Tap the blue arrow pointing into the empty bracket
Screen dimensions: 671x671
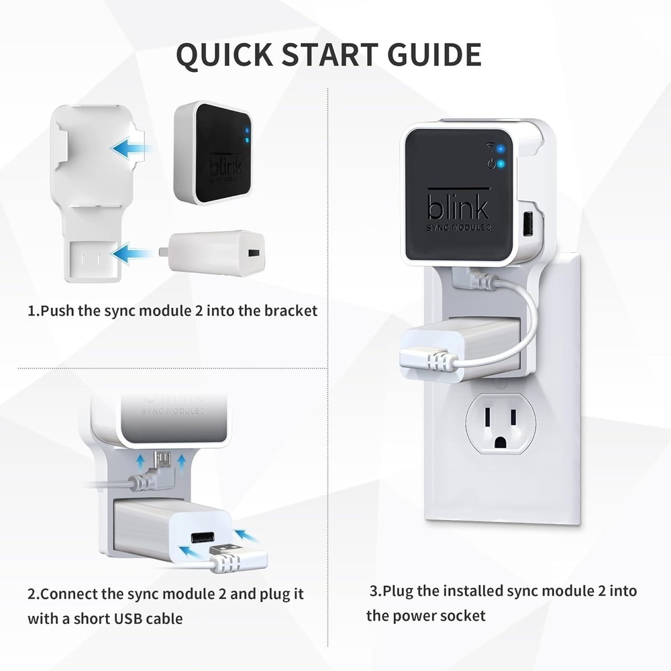[131, 148]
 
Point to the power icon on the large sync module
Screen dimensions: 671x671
[493, 163]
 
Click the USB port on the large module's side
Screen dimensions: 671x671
[527, 223]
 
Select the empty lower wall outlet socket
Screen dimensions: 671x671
[501, 423]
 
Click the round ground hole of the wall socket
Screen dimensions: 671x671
[501, 442]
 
